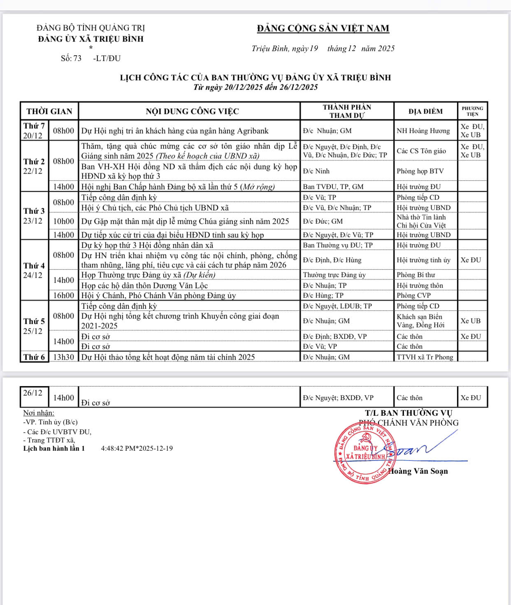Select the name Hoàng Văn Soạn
pos(418,471)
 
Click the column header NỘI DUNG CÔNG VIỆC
pos(192,112)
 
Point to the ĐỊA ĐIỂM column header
pos(425,112)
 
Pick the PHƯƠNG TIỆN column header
pos(472,111)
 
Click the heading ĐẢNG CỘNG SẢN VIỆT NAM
pos(323,28)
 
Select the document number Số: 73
pos(71,58)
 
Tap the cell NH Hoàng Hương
pos(423,131)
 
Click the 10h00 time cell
pos(64,221)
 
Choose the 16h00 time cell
pos(64,296)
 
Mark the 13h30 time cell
pos(64,357)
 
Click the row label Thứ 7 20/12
pos(34,131)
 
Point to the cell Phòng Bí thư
pos(416,275)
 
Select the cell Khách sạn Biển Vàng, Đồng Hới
pos(420,321)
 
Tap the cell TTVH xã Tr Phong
pos(425,357)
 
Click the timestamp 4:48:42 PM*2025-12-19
pos(137,449)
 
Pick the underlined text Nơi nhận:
pos(39,413)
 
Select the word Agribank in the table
pos(253,131)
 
